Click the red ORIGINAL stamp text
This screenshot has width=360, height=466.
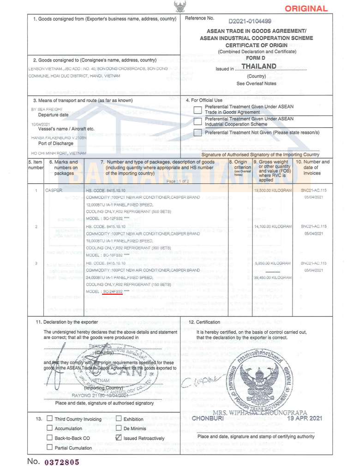tap(306, 8)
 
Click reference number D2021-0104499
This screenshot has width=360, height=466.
tap(250, 21)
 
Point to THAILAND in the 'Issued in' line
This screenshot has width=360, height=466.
tap(259, 67)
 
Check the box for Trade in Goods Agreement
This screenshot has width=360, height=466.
tap(198, 110)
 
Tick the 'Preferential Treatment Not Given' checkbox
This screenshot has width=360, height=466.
tap(198, 133)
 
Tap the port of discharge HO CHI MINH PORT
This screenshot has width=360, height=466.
tap(59, 153)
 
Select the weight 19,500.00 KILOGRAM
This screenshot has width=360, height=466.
tap(273, 190)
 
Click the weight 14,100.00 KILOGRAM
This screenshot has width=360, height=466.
tap(273, 227)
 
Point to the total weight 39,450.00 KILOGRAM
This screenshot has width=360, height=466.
tap(273, 278)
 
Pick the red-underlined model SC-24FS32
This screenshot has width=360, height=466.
tap(113, 292)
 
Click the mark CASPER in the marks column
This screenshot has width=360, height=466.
tap(54, 190)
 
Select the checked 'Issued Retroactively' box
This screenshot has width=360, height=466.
tap(119, 437)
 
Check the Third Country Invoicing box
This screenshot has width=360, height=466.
tap(50, 419)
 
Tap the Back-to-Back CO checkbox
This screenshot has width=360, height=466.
tap(50, 438)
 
